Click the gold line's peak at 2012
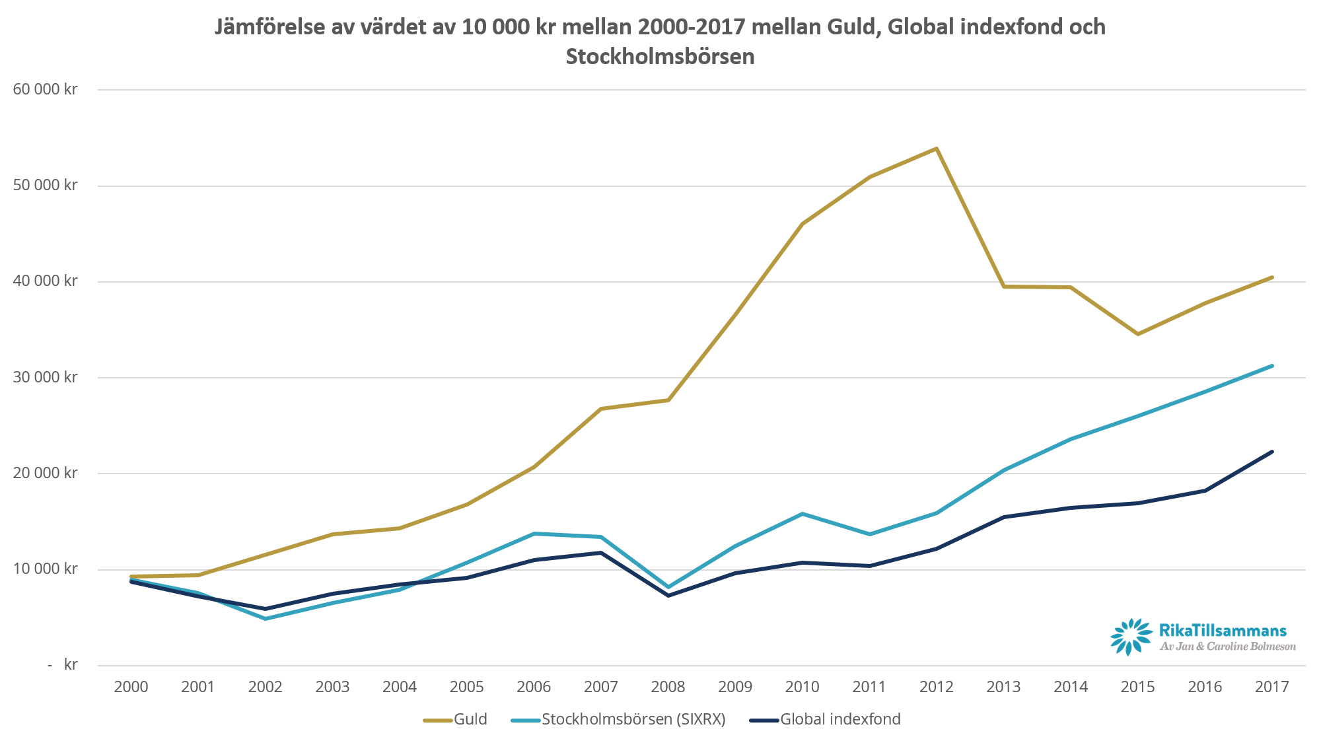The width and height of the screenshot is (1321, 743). tap(936, 149)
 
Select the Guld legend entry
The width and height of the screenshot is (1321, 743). tap(456, 719)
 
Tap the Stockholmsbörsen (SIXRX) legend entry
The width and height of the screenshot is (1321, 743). tap(619, 719)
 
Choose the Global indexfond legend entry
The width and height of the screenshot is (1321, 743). tap(826, 719)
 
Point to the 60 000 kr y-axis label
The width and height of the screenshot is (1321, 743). tap(45, 89)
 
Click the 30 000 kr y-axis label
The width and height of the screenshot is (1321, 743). tap(45, 377)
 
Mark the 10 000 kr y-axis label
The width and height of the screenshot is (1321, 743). tap(45, 569)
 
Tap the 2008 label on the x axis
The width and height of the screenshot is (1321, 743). tap(668, 687)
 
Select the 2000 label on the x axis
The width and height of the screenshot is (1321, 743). tap(131, 687)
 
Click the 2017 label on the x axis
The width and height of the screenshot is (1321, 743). tap(1271, 687)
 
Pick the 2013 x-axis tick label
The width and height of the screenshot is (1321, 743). tap(1003, 687)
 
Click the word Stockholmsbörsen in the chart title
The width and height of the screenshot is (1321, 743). tap(660, 57)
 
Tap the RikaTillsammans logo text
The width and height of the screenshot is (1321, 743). tap(1223, 631)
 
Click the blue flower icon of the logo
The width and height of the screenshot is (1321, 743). tap(1131, 637)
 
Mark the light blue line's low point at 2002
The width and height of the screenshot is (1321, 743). tap(266, 618)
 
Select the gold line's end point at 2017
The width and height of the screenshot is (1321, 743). tap(1271, 277)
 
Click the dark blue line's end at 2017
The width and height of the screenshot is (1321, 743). tap(1271, 452)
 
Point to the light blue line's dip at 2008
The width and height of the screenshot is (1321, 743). tap(668, 587)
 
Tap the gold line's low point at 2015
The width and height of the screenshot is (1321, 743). tap(1137, 334)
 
